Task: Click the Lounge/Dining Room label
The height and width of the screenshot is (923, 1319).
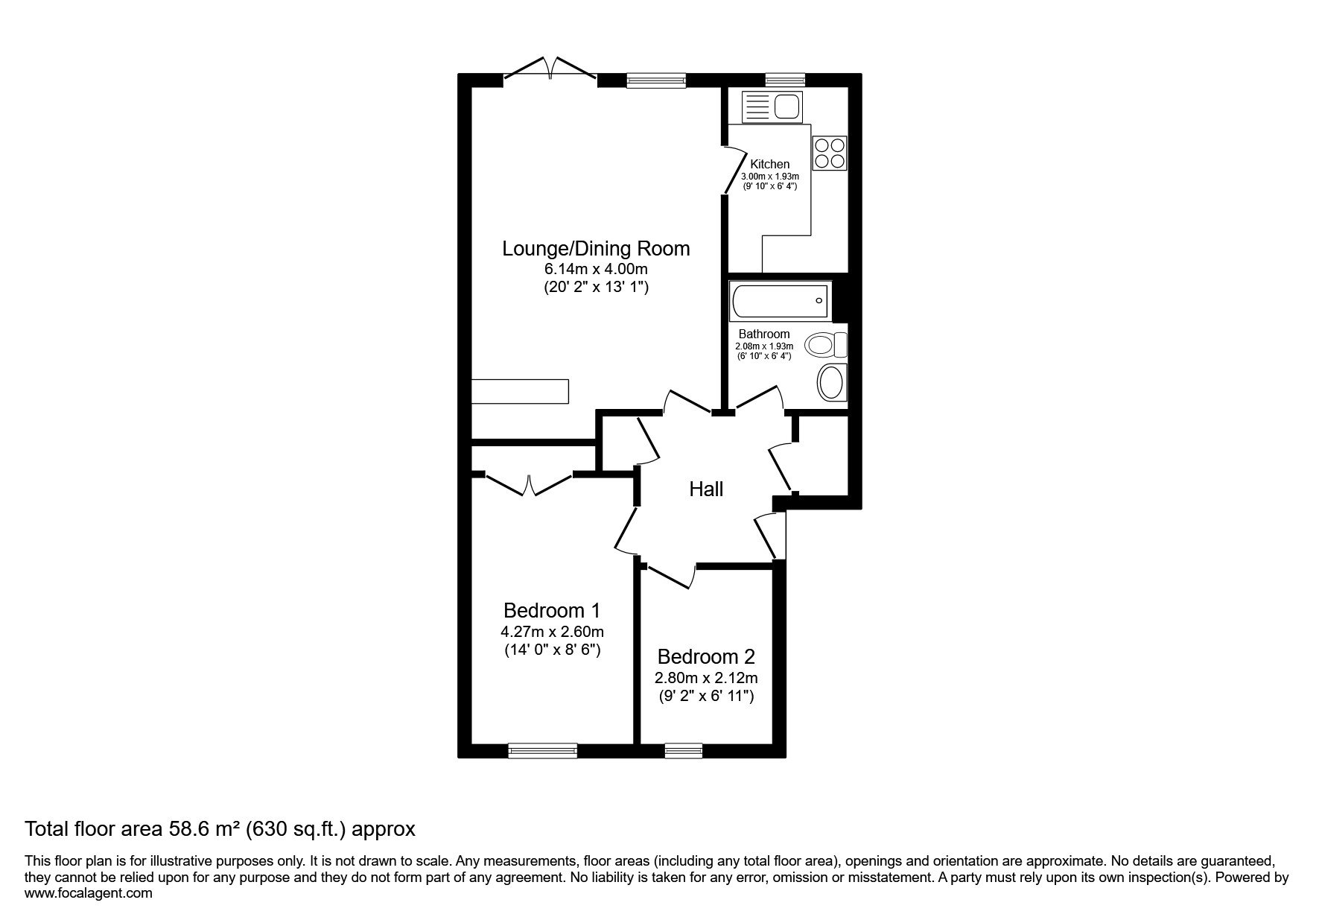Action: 596,248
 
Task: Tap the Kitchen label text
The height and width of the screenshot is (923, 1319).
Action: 769,164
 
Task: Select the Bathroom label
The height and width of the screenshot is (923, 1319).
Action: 764,334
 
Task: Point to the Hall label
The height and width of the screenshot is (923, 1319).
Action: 706,489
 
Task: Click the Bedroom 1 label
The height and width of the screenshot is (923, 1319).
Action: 552,611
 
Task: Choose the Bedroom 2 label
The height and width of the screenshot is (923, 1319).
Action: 706,657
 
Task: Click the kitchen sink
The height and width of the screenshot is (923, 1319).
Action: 771,107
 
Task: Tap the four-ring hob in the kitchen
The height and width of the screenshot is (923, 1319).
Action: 830,152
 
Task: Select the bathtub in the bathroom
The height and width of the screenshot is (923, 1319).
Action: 780,301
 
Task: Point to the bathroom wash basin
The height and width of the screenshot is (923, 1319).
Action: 832,383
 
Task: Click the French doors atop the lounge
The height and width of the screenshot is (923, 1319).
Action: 550,68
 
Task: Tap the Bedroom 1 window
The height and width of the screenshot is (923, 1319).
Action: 543,751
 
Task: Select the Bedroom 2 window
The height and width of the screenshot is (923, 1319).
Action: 684,751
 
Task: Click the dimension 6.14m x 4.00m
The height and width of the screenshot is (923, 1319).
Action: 596,270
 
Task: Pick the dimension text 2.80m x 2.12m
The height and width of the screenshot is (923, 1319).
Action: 706,679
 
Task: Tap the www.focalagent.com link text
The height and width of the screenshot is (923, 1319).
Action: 89,893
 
